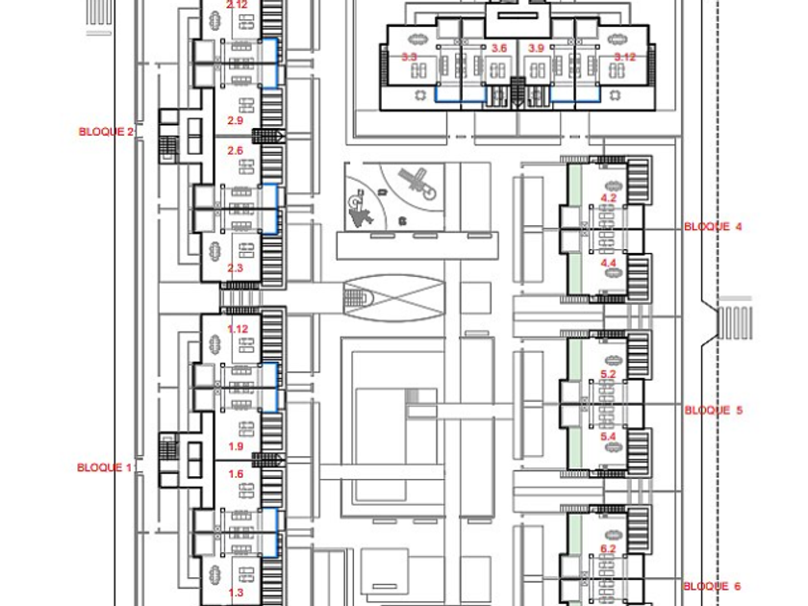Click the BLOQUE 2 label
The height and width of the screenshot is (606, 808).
pyautogui.click(x=106, y=132)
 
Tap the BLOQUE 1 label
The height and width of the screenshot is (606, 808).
pyautogui.click(x=104, y=467)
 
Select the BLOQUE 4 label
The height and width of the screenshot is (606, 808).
pyautogui.click(x=713, y=227)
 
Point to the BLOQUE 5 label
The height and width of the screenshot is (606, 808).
pyautogui.click(x=713, y=410)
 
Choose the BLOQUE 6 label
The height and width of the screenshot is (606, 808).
pyautogui.click(x=712, y=586)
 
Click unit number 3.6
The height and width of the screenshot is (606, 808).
pyautogui.click(x=498, y=48)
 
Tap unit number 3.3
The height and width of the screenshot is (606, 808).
pyautogui.click(x=409, y=59)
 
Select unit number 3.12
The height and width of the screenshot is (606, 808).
pyautogui.click(x=624, y=58)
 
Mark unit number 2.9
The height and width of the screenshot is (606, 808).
pyautogui.click(x=235, y=120)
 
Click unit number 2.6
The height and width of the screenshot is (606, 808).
pyautogui.click(x=235, y=151)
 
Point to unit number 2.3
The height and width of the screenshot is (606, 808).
pyautogui.click(x=235, y=268)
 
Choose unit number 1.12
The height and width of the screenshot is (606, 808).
pyautogui.click(x=238, y=329)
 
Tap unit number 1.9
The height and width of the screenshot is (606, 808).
pyautogui.click(x=235, y=447)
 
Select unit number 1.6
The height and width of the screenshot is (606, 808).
pyautogui.click(x=235, y=474)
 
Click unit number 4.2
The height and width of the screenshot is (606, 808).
pyautogui.click(x=608, y=198)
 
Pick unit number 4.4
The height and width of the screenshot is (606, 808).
pyautogui.click(x=608, y=263)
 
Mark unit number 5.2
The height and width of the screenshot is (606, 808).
pyautogui.click(x=608, y=373)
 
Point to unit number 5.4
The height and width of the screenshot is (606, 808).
pyautogui.click(x=608, y=438)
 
